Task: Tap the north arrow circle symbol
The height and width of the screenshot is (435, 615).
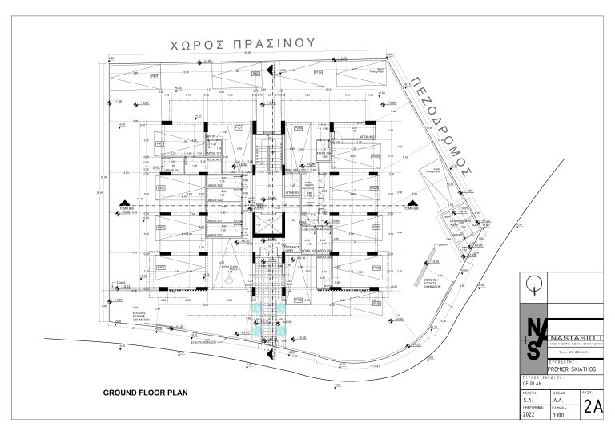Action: pyautogui.click(x=533, y=284)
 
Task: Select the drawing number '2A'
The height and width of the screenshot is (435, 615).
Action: pyautogui.click(x=593, y=405)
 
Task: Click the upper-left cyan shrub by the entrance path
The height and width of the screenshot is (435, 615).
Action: pyautogui.click(x=256, y=306)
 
